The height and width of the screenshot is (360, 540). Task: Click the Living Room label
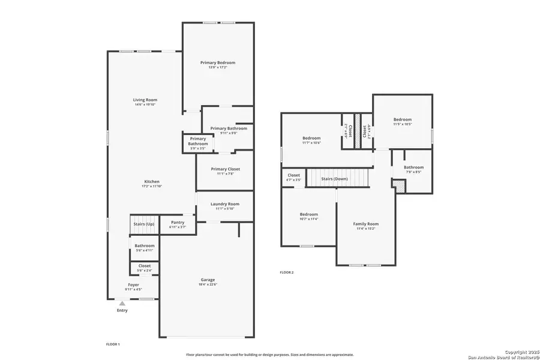pyautogui.click(x=145, y=100)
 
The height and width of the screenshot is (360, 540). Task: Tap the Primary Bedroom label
pyautogui.click(x=217, y=62)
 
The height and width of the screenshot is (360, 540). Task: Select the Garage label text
pyautogui.click(x=208, y=280)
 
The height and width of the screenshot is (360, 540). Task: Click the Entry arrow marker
pyautogui.click(x=122, y=304)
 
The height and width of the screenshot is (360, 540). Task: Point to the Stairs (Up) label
pyautogui.click(x=143, y=224)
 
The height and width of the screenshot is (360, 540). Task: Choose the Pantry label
pyautogui.click(x=177, y=222)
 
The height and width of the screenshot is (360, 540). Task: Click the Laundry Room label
pyautogui.click(x=225, y=204)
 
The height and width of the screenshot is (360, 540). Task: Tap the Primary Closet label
pyautogui.click(x=225, y=169)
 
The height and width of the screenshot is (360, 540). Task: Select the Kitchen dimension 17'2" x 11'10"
pyautogui.click(x=152, y=187)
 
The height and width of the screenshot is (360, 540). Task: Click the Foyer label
pyautogui.click(x=133, y=284)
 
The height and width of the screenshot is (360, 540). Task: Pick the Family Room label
pyautogui.click(x=365, y=224)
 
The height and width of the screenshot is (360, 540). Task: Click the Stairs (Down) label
pyautogui.click(x=334, y=179)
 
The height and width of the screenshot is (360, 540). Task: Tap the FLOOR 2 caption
pyautogui.click(x=287, y=272)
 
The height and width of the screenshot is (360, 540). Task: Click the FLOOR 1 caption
pyautogui.click(x=113, y=344)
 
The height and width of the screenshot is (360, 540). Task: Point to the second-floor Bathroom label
pyautogui.click(x=413, y=167)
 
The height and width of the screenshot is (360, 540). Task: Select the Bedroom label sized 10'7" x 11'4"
pyautogui.click(x=309, y=214)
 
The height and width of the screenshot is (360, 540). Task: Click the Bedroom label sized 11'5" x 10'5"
pyautogui.click(x=402, y=119)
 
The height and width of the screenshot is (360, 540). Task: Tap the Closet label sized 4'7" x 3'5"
pyautogui.click(x=293, y=175)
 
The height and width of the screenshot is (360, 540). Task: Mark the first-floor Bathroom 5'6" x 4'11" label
pyautogui.click(x=145, y=245)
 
